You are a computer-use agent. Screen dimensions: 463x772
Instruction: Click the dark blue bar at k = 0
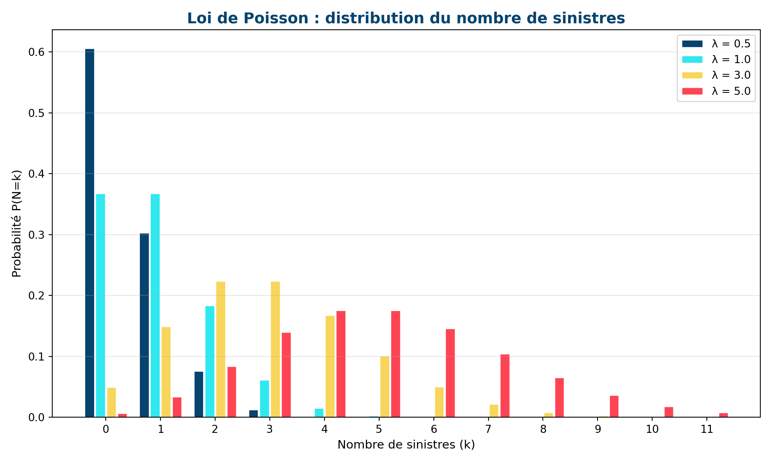[x=90, y=233]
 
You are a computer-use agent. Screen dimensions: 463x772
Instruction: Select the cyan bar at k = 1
[x=155, y=305]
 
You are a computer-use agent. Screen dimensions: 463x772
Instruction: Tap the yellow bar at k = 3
[x=275, y=350]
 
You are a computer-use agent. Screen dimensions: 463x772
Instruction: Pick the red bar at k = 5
[x=396, y=364]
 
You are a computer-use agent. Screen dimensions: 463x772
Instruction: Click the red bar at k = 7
[x=505, y=386]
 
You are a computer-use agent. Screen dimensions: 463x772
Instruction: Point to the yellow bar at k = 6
[x=439, y=402]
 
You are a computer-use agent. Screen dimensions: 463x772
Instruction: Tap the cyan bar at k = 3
[x=265, y=399]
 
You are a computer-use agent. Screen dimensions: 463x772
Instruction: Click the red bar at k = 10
[x=669, y=412]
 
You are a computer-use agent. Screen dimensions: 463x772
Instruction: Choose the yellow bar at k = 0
[x=111, y=402]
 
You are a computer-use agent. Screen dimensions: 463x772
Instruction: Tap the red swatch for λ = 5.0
[x=692, y=91]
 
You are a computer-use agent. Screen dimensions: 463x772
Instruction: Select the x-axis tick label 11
[x=707, y=430]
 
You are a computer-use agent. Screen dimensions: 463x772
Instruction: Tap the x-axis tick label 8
[x=543, y=430]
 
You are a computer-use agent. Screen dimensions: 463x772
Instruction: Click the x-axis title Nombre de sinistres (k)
[x=406, y=445]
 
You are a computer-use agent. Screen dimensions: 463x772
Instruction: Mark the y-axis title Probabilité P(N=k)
[x=16, y=223]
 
